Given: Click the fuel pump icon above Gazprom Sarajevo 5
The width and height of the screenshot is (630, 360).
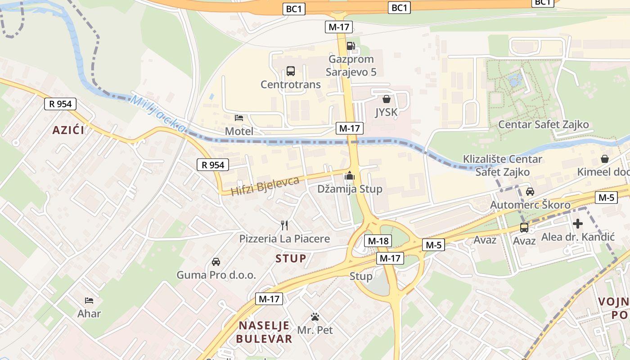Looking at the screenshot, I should coord(351,45).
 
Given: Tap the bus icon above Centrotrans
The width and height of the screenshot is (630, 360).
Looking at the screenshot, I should coord(291,71).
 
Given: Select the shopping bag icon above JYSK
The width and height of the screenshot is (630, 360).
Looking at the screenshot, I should coord(386,99).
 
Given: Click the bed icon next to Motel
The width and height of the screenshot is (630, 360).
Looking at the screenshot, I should coord(239,118).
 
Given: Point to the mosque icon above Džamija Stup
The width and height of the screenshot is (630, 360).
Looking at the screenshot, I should coord(350,176).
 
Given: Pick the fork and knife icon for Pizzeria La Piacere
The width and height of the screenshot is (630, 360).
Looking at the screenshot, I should coord(284,225).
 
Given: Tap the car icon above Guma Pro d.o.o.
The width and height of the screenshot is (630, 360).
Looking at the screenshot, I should coord(216,262).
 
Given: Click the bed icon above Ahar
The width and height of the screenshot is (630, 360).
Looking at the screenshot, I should coord(89,300).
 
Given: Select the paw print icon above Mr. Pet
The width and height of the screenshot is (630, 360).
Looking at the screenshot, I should coord(315,317).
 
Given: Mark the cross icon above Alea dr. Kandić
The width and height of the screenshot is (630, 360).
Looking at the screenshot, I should coord(578,224).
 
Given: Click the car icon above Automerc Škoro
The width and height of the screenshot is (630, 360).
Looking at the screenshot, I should coord(530,192).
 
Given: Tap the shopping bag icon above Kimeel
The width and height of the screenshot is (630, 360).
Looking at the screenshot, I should coord(605,159).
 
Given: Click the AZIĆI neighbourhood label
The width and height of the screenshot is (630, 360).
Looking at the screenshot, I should coord(68,130).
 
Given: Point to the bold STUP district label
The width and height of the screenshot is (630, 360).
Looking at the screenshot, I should coord(291,258).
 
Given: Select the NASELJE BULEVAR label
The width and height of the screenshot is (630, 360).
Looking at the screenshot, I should coord(265,332).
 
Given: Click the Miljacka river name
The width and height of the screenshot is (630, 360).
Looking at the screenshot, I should coord(157,114).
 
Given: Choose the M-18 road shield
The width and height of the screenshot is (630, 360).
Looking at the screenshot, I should coord(378,241).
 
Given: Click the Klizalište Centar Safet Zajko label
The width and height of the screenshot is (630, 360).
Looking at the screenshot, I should coord(503,165).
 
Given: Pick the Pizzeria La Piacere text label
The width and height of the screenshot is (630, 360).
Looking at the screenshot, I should coord(284,238).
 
